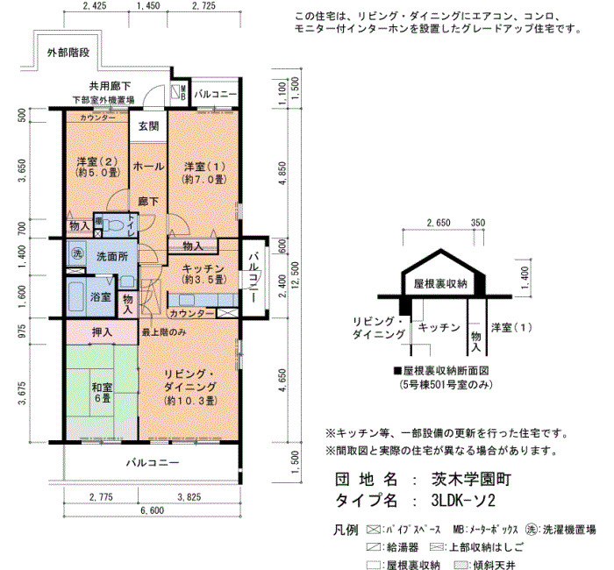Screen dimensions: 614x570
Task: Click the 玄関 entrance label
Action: click(x=148, y=126)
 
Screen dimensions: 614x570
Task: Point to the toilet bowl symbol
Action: click(x=114, y=225)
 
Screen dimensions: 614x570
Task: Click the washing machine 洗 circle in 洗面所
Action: click(x=77, y=253)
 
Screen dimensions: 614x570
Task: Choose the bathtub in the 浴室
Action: click(x=77, y=296)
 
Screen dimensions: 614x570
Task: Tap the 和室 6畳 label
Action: click(x=102, y=393)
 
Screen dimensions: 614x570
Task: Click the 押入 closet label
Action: click(x=102, y=332)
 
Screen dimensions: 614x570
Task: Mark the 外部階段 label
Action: click(x=68, y=53)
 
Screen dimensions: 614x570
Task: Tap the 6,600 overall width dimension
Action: click(x=153, y=510)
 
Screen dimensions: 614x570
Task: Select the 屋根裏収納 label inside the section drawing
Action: click(x=440, y=283)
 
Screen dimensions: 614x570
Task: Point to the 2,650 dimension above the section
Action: click(x=439, y=223)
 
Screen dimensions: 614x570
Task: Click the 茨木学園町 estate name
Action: click(x=471, y=479)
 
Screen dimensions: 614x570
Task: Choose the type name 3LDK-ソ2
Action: click(x=463, y=501)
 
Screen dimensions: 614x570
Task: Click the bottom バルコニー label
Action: click(x=153, y=463)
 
